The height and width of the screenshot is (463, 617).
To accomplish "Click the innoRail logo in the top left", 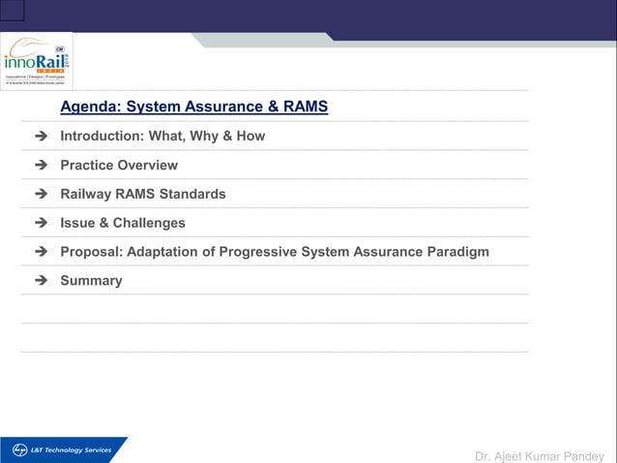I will pyautogui.click(x=37, y=60).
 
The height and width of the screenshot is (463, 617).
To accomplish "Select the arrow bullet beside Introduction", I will pyautogui.click(x=41, y=137).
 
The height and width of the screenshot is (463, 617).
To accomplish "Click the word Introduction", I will pyautogui.click(x=101, y=136).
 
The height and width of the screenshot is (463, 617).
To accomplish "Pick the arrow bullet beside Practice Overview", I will pyautogui.click(x=41, y=166).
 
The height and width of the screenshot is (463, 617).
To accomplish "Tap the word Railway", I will pyautogui.click(x=90, y=194).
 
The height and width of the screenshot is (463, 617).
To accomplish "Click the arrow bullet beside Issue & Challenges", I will pyautogui.click(x=41, y=224).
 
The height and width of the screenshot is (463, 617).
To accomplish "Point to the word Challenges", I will pyautogui.click(x=149, y=223).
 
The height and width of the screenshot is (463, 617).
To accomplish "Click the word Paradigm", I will pyautogui.click(x=457, y=252).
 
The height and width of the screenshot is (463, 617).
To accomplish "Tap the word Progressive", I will pyautogui.click(x=258, y=252).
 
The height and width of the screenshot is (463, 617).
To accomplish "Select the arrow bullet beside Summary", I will pyautogui.click(x=41, y=281).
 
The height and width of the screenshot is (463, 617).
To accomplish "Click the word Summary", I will pyautogui.click(x=91, y=281).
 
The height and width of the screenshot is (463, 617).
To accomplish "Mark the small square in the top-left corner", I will pyautogui.click(x=12, y=11).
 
